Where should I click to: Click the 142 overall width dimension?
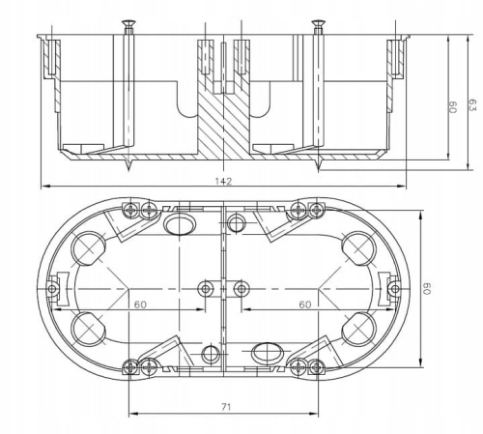tap(225, 181)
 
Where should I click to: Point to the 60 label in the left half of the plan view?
tap(140, 304)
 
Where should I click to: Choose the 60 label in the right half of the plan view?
tap(305, 304)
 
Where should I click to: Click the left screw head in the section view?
tap(127, 23)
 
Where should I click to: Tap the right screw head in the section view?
tap(317, 23)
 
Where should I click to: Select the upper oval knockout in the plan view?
tap(180, 225)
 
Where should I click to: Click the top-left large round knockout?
tap(90, 249)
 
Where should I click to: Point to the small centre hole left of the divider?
tap(205, 287)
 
